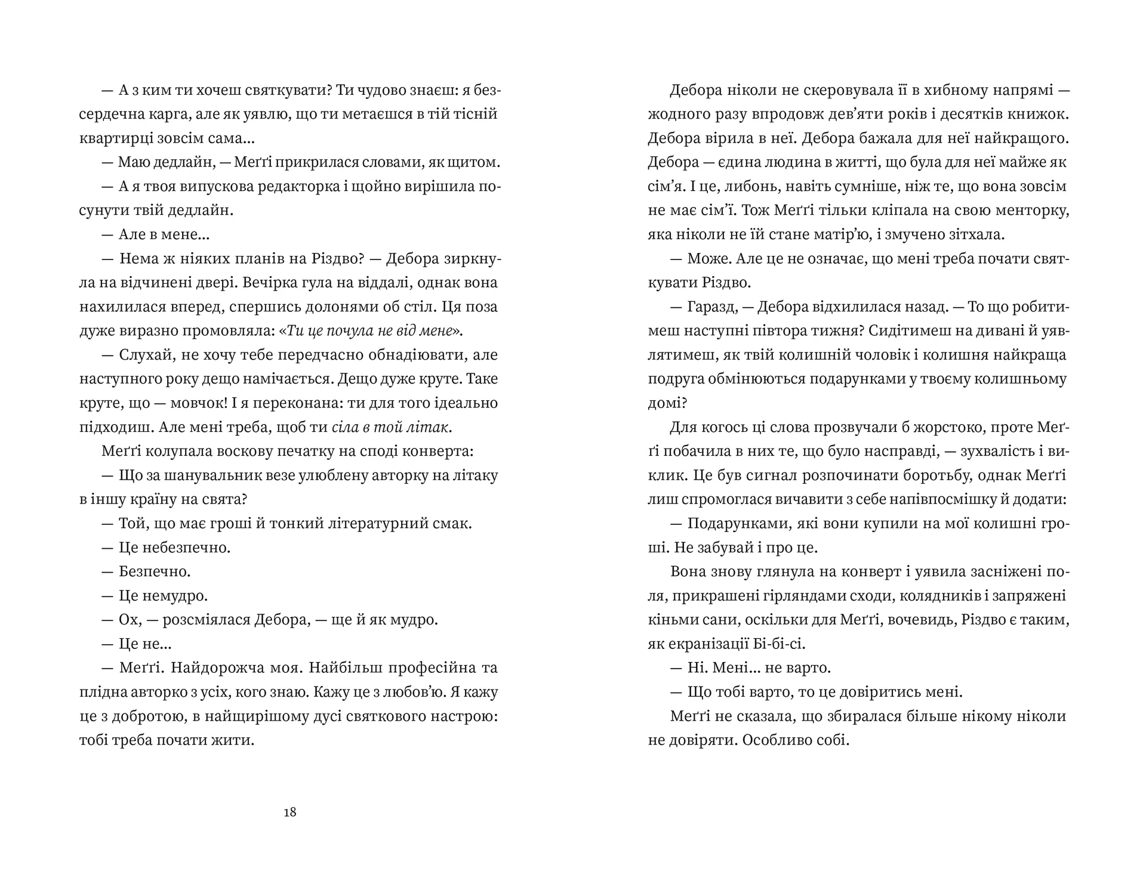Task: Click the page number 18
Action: pyautogui.click(x=290, y=812)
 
